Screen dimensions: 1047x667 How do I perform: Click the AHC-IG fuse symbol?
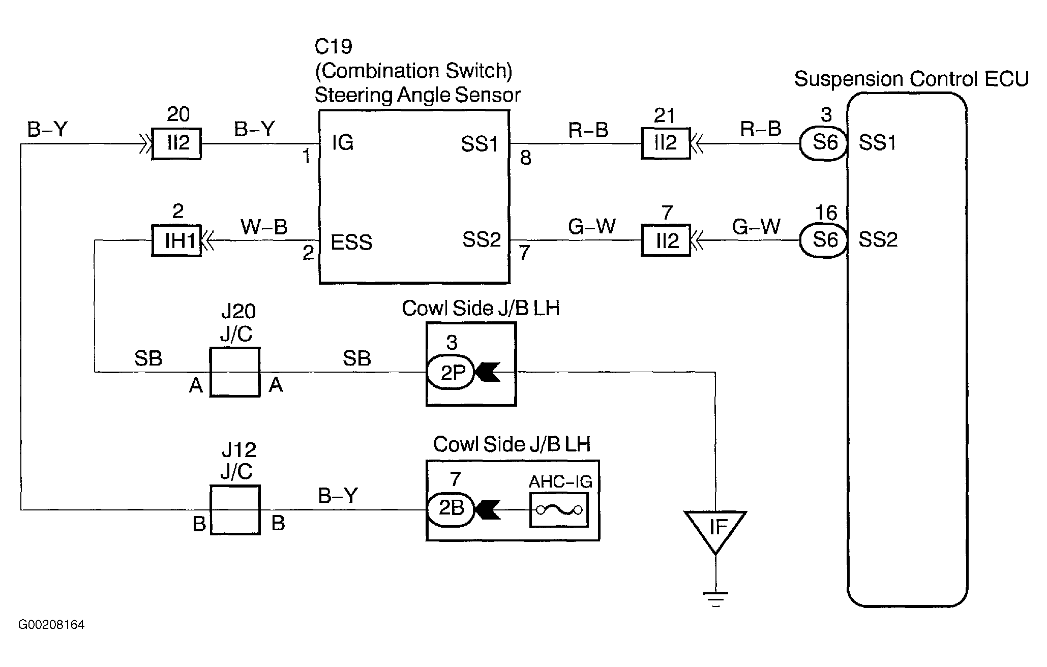coord(559,510)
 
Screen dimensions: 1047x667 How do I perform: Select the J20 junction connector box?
coord(235,372)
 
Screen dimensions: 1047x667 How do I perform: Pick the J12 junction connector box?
coord(235,510)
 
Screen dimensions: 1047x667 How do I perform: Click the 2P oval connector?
coord(451,373)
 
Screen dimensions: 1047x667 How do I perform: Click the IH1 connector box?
coord(176,240)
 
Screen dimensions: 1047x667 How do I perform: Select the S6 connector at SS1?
coord(824,143)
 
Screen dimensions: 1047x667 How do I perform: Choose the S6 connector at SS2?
coord(824,240)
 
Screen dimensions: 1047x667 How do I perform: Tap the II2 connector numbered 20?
coord(176,144)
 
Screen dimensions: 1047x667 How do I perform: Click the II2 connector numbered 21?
coord(666,144)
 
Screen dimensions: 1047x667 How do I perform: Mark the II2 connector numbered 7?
coord(666,240)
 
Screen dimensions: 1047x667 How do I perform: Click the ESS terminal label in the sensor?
coord(351,242)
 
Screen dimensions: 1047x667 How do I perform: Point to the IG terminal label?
coord(342,143)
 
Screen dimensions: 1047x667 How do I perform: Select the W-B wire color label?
coord(264,227)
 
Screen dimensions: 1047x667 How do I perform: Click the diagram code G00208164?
coord(51,624)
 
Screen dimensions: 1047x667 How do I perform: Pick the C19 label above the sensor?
coord(334,47)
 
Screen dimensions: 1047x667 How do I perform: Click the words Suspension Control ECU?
coord(911,79)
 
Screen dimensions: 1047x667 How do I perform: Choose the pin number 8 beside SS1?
coord(525,158)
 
